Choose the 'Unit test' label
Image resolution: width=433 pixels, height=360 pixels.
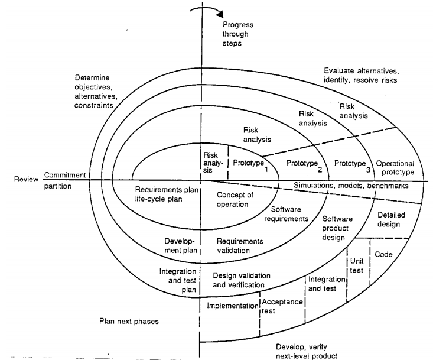[356, 264]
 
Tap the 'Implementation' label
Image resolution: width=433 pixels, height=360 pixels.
[233, 306]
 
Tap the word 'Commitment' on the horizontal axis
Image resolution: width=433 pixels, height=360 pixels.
[65, 176]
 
